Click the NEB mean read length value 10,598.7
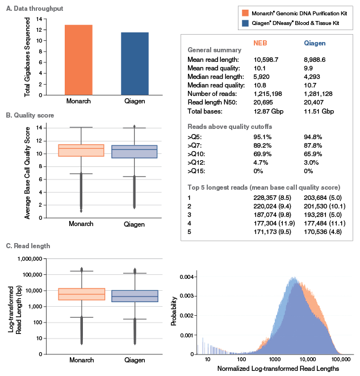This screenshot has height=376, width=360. tap(268, 59)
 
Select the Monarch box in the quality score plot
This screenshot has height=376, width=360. tap(85, 150)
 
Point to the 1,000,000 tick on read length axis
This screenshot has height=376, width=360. tap(33, 258)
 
